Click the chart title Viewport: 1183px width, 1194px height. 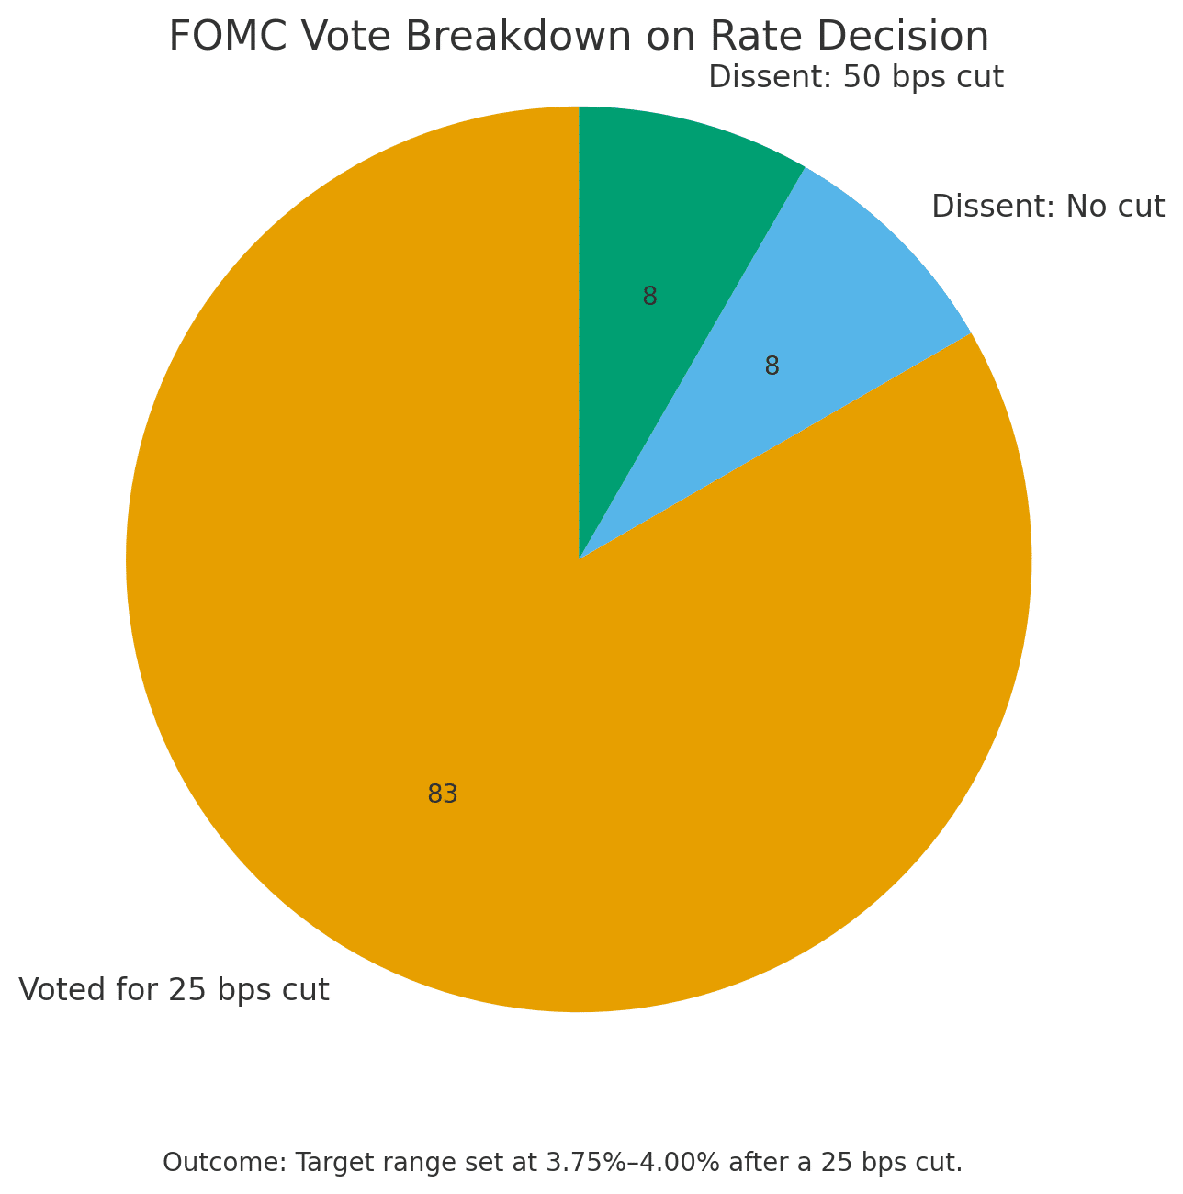(x=579, y=37)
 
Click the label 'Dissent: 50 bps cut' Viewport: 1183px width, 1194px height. (x=856, y=77)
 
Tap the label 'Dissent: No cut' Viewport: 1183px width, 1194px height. (x=1048, y=207)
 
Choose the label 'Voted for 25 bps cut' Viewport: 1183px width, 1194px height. (x=174, y=990)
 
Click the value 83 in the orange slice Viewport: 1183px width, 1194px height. (x=443, y=794)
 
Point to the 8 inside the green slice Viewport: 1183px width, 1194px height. (x=650, y=297)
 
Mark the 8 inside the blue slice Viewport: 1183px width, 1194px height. (x=772, y=366)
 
